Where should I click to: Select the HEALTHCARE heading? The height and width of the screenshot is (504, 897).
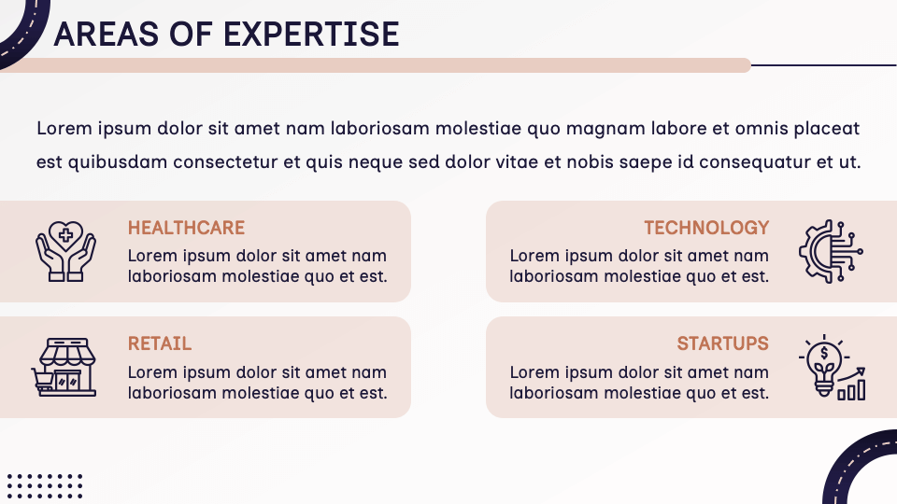(186, 228)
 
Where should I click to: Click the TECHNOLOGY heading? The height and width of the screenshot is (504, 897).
(706, 228)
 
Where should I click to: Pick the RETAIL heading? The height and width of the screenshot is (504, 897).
(160, 344)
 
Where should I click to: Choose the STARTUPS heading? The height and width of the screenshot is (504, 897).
(722, 344)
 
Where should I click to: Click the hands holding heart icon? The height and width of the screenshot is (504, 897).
(65, 251)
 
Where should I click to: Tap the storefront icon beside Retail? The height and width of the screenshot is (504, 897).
(67, 367)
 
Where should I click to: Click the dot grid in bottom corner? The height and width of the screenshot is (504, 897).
(44, 486)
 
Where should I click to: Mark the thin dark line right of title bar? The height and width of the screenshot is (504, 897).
(822, 65)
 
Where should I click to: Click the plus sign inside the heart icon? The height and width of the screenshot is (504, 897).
(65, 234)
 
